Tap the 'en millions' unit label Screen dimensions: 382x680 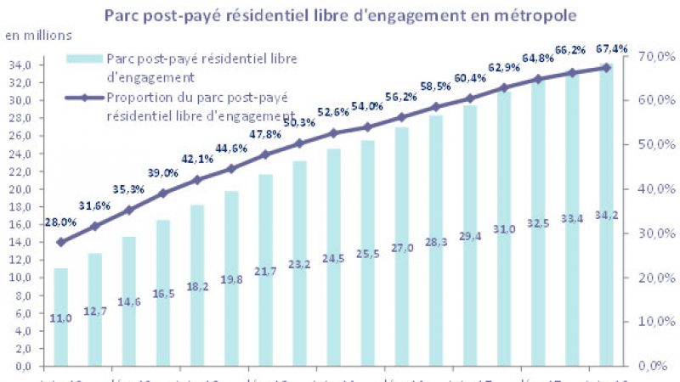coord(38,35)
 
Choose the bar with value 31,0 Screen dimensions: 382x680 coord(504,229)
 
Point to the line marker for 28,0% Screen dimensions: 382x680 coord(61,242)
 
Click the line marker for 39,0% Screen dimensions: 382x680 coord(163,193)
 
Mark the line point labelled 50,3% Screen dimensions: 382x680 coord(300,143)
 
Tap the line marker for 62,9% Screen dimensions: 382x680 coord(504,87)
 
